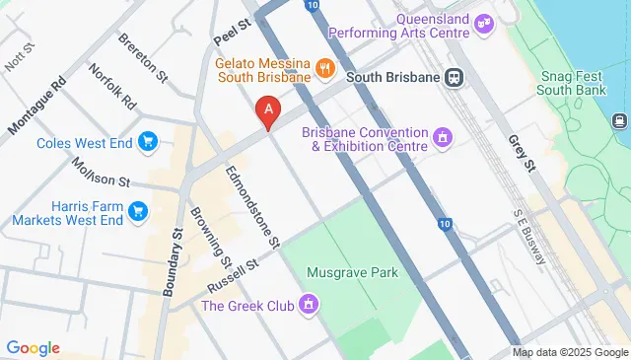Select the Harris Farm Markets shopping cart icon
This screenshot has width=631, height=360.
137,211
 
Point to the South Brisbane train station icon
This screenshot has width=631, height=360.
455,76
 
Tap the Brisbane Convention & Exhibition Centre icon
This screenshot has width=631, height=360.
443,136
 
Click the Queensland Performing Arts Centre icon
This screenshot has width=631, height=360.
483,23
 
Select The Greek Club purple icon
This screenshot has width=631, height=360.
310,304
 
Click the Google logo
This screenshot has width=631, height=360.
33,347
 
